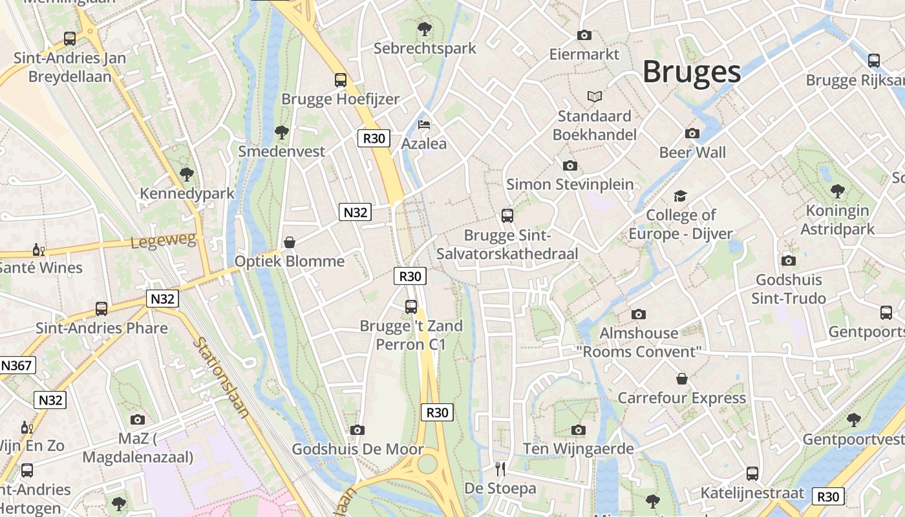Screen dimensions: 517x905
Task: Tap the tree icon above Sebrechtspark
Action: (425, 28)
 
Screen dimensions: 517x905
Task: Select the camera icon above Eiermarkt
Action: (584, 35)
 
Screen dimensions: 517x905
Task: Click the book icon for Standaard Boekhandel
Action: (595, 96)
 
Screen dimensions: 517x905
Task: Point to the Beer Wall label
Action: (692, 153)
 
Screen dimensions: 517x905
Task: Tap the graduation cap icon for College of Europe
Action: (680, 196)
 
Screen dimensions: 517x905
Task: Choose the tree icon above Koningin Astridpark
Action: (837, 191)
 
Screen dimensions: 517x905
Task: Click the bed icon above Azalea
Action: (424, 124)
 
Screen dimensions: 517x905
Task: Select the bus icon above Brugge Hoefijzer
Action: (340, 80)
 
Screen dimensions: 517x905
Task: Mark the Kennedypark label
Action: (187, 193)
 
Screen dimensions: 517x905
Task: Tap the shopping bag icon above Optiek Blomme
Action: (290, 242)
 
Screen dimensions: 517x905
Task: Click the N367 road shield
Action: (16, 366)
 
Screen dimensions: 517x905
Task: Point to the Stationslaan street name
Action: (220, 377)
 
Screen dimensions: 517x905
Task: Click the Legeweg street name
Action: (162, 240)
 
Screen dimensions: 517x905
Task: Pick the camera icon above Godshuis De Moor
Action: (357, 430)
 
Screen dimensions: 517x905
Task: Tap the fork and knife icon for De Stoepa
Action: (500, 469)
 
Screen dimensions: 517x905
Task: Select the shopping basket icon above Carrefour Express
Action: (682, 378)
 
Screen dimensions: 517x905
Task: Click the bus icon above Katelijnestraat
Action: (752, 474)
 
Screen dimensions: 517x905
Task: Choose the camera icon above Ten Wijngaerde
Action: (579, 430)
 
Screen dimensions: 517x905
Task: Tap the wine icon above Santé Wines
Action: (39, 249)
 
